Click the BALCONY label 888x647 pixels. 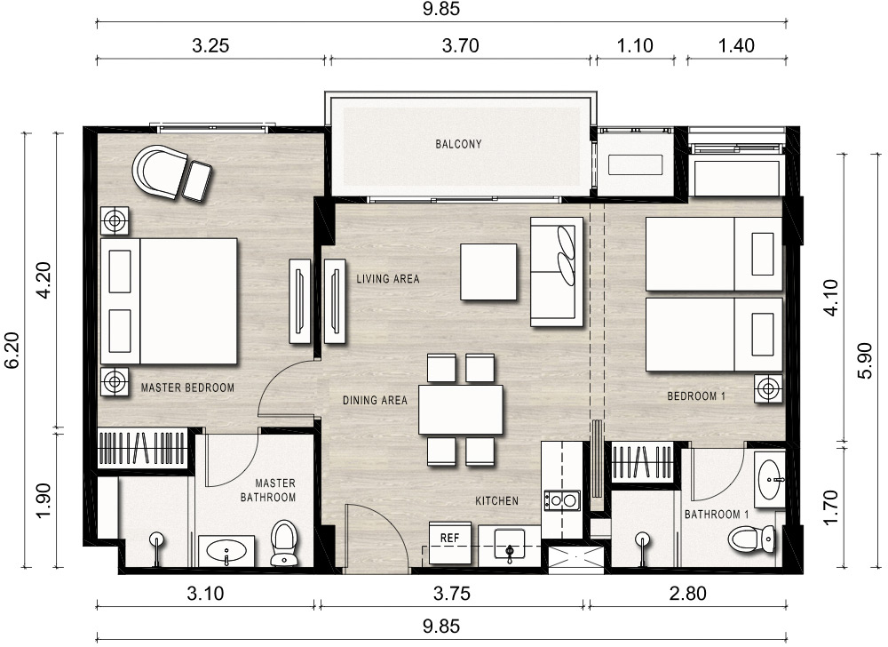point(458,144)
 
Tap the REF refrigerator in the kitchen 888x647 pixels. point(449,542)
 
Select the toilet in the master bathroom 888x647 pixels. point(284,543)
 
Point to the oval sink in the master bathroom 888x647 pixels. point(226,550)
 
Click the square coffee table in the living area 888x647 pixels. point(488,271)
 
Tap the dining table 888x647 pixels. point(460,410)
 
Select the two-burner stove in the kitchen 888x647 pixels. point(562,500)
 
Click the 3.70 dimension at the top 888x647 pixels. point(460,45)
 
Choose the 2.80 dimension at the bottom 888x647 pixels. point(687,593)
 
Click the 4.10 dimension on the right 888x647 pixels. point(830,298)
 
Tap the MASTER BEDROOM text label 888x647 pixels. point(187,388)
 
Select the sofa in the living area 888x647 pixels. point(557,272)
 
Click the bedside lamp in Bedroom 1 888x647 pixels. point(768,389)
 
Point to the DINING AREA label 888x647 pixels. point(375,401)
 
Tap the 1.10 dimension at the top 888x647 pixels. point(635,45)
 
